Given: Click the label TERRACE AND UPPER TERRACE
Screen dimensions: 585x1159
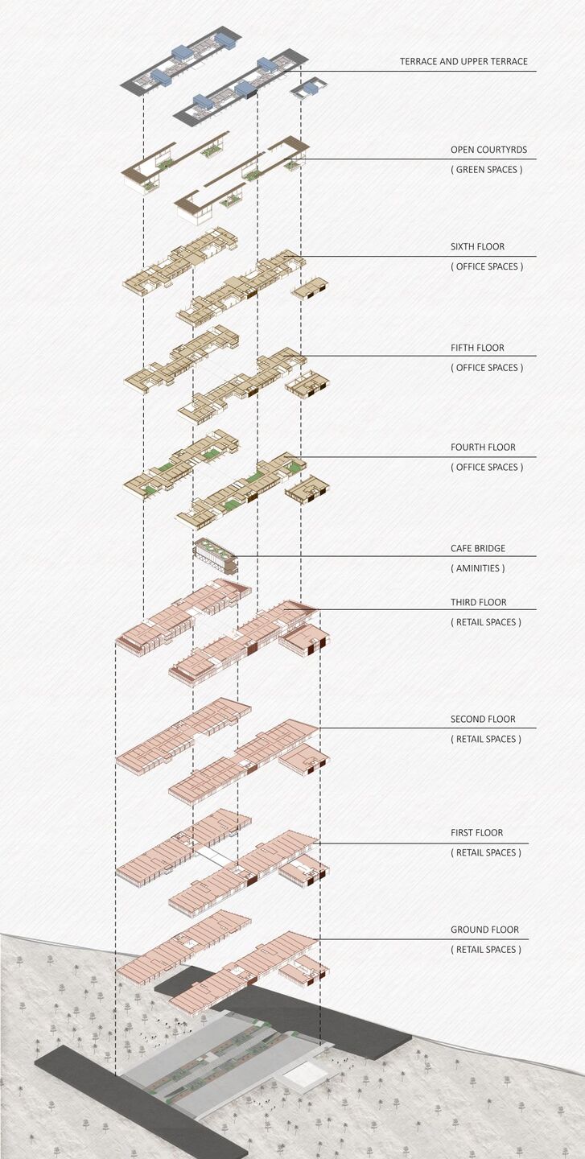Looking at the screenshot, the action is [x=463, y=61].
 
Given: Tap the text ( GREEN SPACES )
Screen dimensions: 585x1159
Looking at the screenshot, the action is [x=486, y=170].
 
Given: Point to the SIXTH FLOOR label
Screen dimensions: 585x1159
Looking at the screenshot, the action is [x=477, y=247].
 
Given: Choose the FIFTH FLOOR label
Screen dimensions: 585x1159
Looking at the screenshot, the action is [x=477, y=348].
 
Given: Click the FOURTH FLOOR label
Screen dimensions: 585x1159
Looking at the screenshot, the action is [x=483, y=447].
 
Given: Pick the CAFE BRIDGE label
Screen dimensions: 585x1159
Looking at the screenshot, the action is [x=478, y=548].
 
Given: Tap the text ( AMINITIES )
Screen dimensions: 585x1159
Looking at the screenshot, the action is [x=477, y=568].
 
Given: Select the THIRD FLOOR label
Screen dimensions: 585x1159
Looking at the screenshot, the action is [x=479, y=602].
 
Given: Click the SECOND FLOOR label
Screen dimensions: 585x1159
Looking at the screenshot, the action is [x=483, y=720].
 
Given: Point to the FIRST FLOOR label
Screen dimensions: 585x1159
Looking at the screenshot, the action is [x=477, y=833].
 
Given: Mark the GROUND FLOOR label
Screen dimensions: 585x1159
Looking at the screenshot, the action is [x=484, y=930].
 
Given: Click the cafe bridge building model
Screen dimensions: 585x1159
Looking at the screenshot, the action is [x=216, y=555].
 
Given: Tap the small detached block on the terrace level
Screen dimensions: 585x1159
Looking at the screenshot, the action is [x=310, y=88].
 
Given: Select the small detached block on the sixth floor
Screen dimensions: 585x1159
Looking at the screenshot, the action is [x=310, y=287].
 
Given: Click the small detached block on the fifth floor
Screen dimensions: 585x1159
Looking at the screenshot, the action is [x=307, y=383].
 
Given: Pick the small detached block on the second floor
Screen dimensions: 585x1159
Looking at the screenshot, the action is [x=304, y=759].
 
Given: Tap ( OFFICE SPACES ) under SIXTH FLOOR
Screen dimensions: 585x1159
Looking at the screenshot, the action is [x=487, y=267].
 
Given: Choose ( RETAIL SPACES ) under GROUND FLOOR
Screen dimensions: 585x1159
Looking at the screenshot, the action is [x=486, y=950].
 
